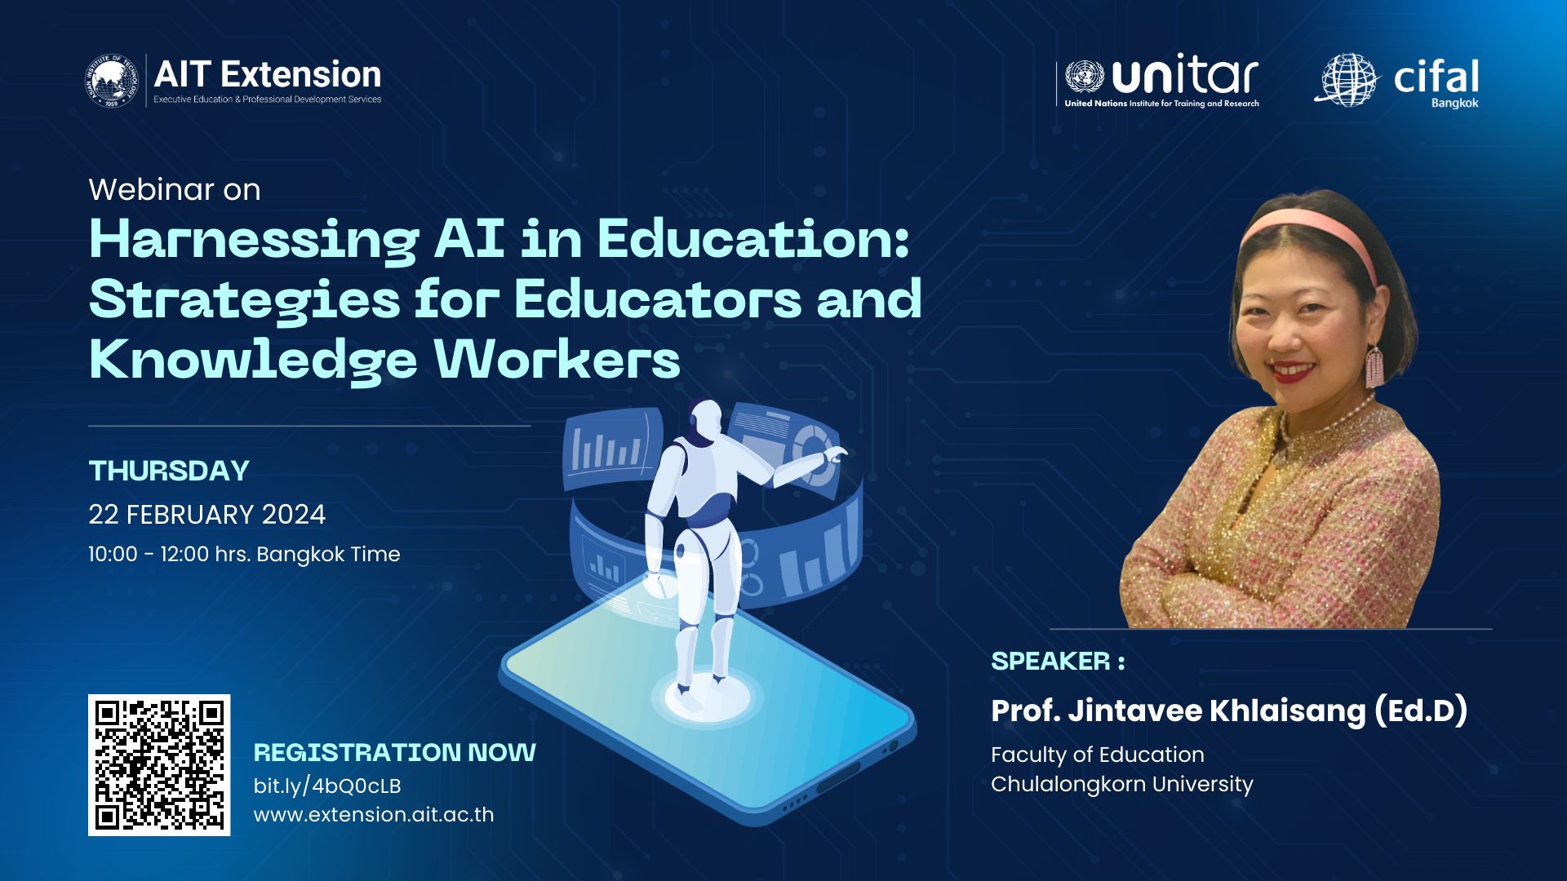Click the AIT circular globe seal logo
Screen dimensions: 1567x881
coord(112,80)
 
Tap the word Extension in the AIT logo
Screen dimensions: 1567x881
coord(300,74)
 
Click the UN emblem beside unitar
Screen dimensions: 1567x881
coord(1085,77)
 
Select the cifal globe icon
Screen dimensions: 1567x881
coord(1347,80)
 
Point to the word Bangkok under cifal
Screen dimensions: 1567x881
coord(1454,104)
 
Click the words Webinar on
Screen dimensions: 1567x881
coord(175,189)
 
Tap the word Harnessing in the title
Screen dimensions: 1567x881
coord(254,241)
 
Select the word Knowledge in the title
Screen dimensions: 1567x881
coord(253,361)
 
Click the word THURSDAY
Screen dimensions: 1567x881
coord(169,471)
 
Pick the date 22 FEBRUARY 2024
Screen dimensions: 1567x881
coord(206,515)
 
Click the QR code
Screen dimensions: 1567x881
coord(159,765)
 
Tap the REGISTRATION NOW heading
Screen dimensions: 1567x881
coord(395,752)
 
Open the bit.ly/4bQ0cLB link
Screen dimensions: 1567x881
coord(327,786)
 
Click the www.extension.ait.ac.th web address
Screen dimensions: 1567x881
coord(374,815)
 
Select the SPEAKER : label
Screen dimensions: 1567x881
coord(1058,661)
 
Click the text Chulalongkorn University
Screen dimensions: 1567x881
coord(1122,785)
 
